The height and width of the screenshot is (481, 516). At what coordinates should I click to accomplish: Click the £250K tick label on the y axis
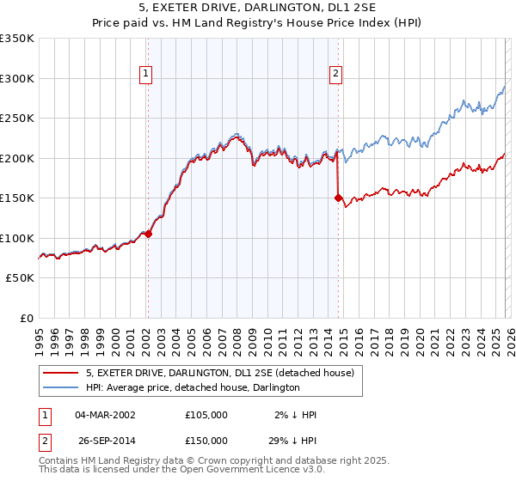coord(17,119)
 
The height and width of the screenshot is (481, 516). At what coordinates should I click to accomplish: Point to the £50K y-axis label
coord(20,278)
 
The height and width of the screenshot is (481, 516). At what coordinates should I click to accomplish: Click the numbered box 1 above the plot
coord(147,75)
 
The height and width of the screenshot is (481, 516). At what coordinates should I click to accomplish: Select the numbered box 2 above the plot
coord(335,75)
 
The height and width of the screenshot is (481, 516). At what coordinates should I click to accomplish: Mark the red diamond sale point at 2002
coord(148,233)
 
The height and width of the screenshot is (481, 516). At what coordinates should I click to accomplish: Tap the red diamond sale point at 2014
coord(338,198)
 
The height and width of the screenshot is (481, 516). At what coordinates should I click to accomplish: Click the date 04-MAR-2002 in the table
coord(105,415)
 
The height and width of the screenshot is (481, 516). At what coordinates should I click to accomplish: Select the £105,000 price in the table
coord(206,415)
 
